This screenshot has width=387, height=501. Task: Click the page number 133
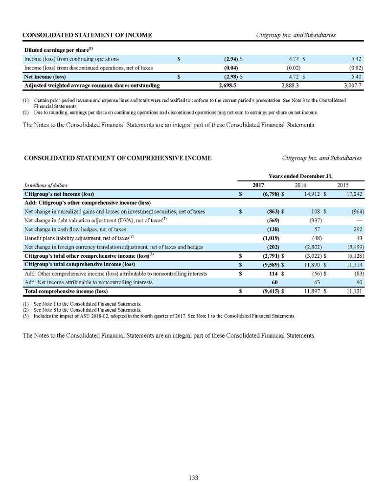click(193, 478)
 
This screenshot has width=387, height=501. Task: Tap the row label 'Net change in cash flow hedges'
click(75, 229)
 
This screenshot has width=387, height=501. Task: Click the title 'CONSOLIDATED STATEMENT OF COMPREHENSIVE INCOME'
click(117, 158)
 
